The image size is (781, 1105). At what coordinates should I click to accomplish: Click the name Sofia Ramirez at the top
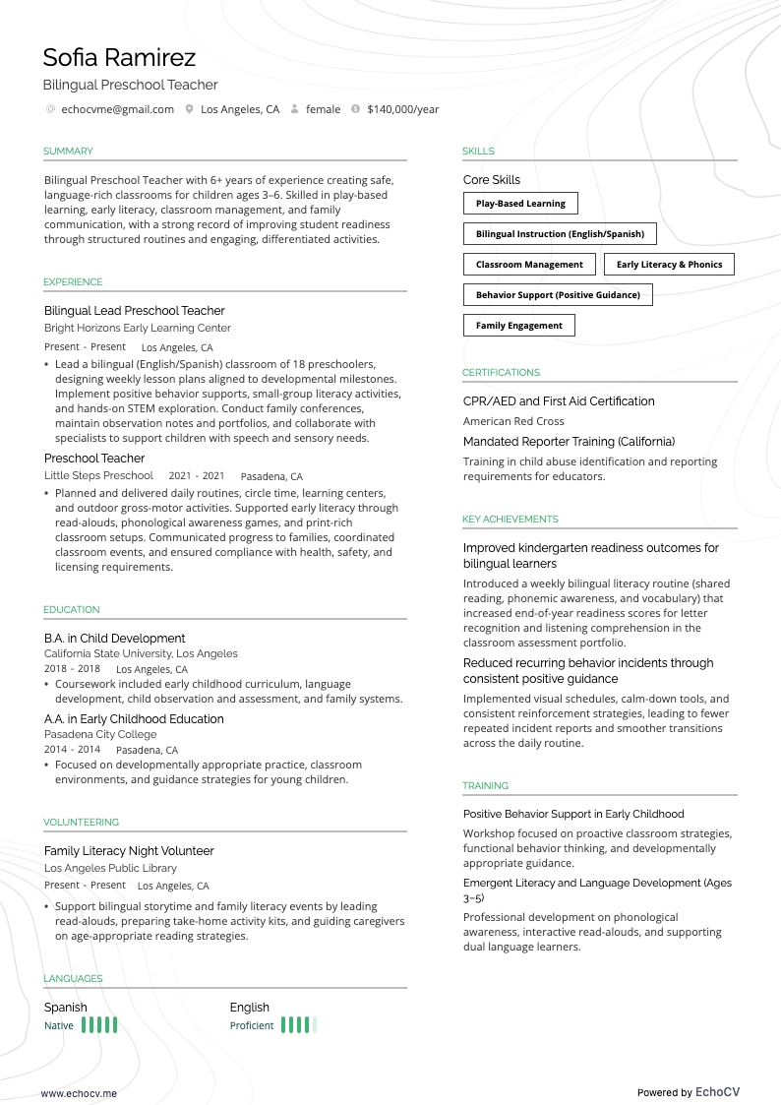(x=119, y=57)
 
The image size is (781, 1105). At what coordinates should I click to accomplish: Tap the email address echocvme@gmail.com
(x=117, y=109)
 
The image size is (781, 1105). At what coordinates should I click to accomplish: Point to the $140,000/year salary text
(x=402, y=109)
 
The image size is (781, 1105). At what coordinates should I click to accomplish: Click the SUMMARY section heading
(x=68, y=152)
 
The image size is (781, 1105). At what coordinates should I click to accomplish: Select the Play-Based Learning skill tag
(x=520, y=204)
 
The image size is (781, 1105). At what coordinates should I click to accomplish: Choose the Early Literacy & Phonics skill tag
(x=669, y=265)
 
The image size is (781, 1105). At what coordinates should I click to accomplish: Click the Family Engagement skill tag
(x=518, y=326)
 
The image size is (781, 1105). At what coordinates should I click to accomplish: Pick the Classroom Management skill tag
(x=529, y=265)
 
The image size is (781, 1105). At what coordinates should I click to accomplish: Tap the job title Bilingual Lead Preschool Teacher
(x=135, y=311)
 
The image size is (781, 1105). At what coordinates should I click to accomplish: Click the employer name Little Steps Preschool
(x=98, y=475)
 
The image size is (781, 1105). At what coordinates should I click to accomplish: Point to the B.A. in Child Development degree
(x=114, y=639)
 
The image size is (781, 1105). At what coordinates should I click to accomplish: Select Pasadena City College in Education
(x=100, y=734)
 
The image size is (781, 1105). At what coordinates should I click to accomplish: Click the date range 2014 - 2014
(x=72, y=750)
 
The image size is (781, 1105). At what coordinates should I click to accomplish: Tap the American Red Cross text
(x=513, y=421)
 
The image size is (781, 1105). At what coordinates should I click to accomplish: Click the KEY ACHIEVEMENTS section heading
(x=510, y=520)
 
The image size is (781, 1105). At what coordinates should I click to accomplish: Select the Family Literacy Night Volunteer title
(x=129, y=851)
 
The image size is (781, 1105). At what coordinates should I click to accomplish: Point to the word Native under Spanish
(x=59, y=1025)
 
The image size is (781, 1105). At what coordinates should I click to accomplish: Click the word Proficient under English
(x=252, y=1025)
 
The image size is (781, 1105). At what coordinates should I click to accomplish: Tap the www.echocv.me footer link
(x=79, y=1092)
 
